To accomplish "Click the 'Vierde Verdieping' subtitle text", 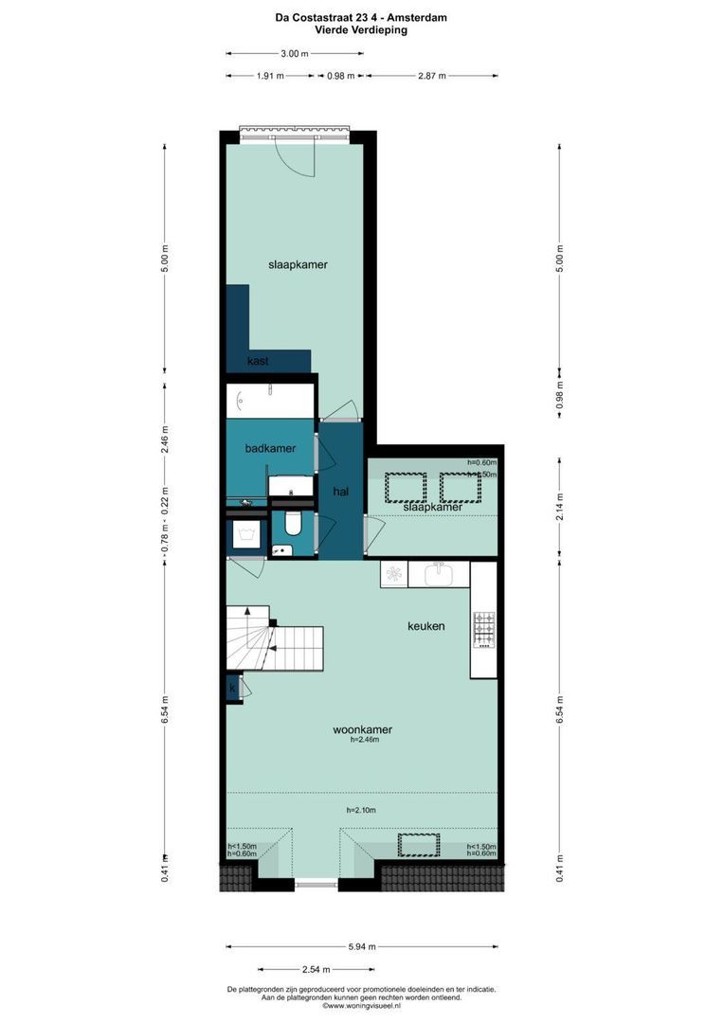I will (362, 30).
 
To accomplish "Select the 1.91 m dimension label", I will (270, 76).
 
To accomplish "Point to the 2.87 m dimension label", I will (432, 76).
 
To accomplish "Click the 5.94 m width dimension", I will (362, 946).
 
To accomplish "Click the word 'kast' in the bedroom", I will (258, 362).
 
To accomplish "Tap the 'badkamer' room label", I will (270, 448).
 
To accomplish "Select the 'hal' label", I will (341, 491).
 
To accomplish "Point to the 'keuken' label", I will (425, 626).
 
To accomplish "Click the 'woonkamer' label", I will (362, 729).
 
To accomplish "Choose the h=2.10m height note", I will (361, 810).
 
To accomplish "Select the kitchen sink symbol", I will (439, 574).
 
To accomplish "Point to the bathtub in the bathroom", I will (271, 399).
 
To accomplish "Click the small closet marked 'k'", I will (232, 689).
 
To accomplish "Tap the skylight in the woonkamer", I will (418, 845).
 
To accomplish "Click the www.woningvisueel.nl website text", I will (362, 1006).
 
